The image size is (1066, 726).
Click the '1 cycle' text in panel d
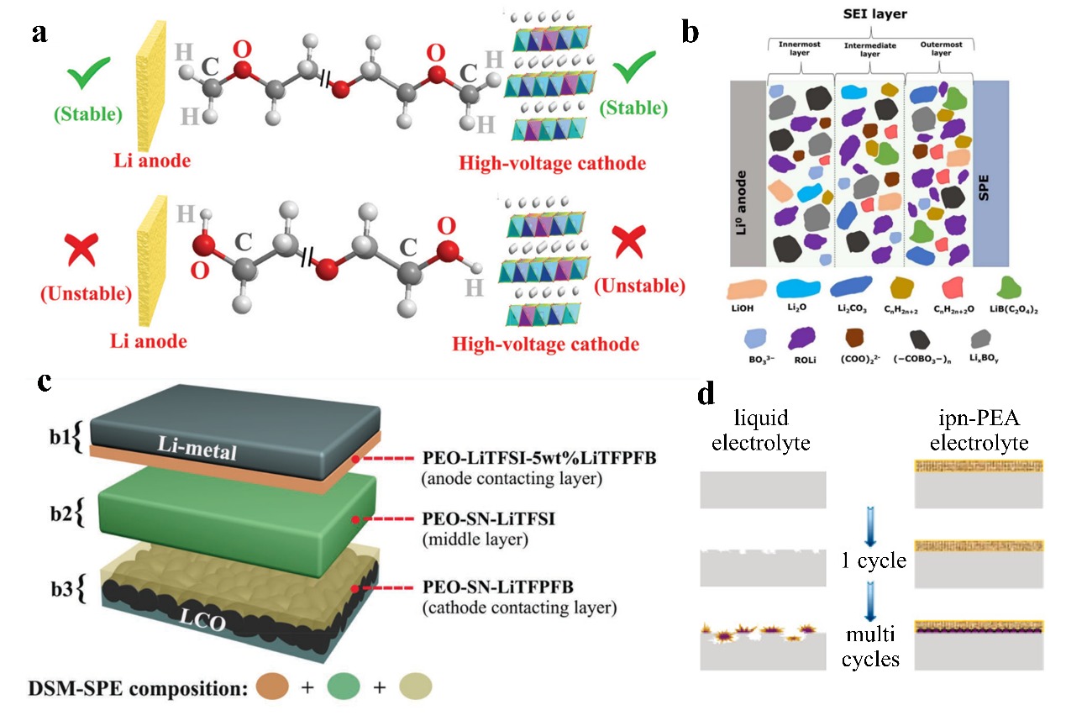pos(874,560)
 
